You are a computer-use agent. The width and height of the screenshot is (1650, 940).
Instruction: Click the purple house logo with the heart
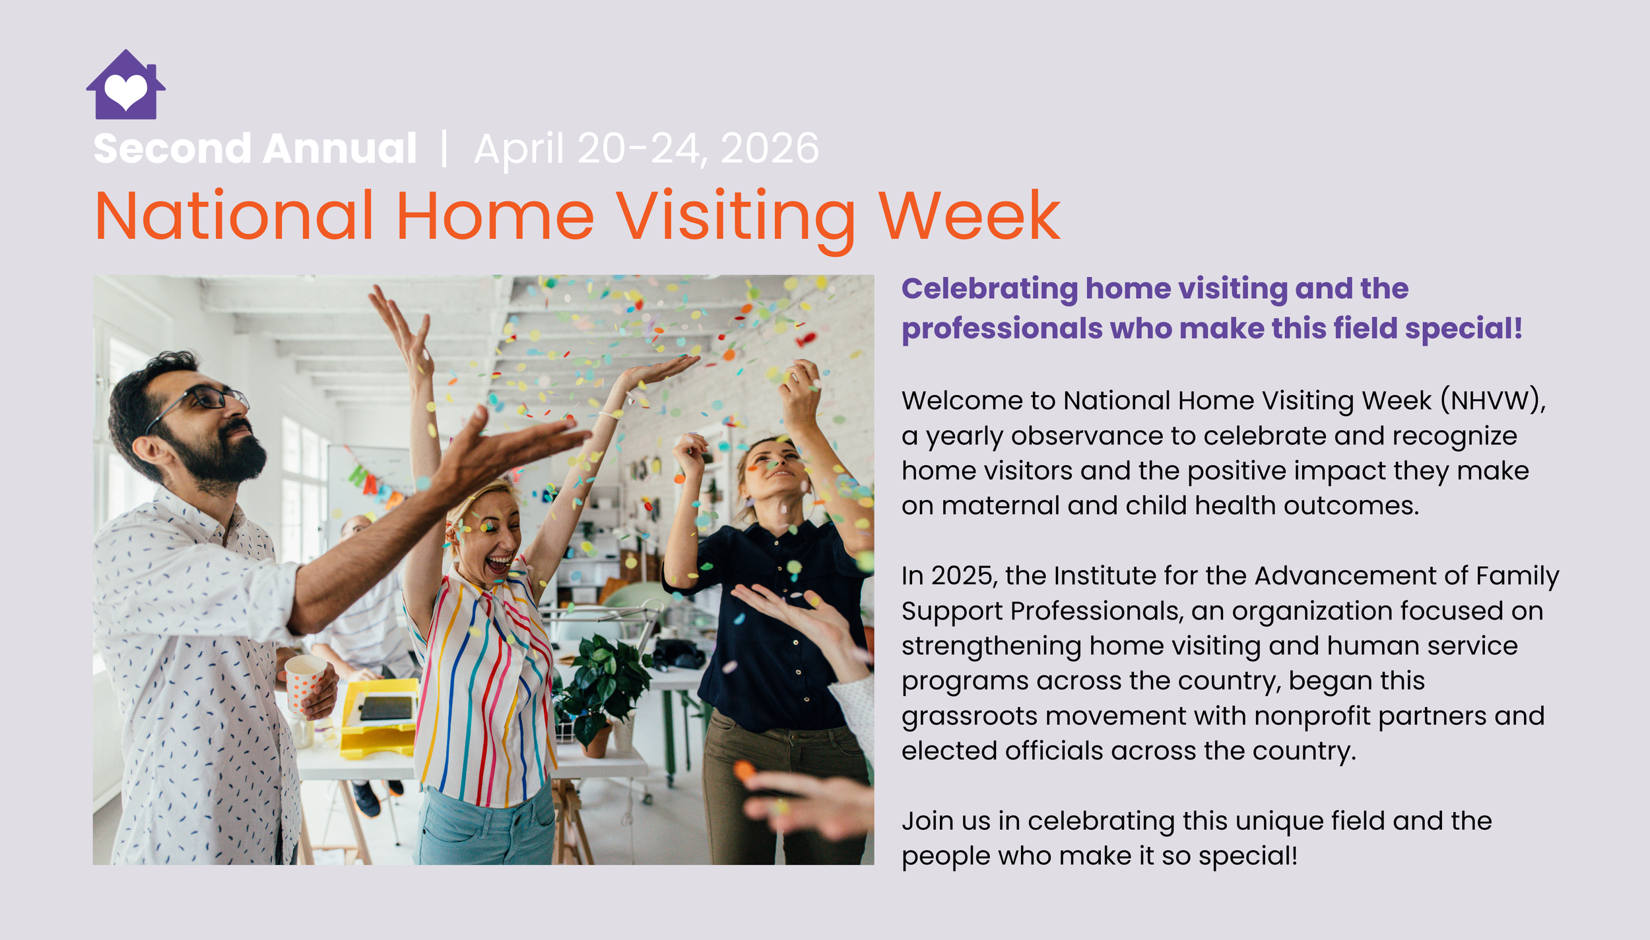pos(125,86)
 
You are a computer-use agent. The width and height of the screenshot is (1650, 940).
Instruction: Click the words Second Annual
pos(255,148)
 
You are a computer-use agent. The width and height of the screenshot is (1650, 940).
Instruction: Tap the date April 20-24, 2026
pos(646,148)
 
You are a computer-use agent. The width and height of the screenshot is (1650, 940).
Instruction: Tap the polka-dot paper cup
pos(304,683)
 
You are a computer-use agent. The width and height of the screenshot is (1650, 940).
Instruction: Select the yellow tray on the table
pos(379,719)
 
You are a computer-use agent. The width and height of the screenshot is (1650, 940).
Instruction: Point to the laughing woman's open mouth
pos(499,564)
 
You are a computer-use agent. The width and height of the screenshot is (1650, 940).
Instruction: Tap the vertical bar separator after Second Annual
pos(444,148)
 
